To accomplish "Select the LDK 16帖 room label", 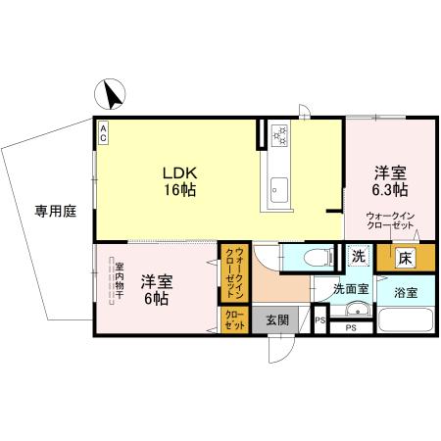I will [x=179, y=181].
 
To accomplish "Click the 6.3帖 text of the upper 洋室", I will [x=389, y=188].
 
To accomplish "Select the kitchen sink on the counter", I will [x=277, y=183].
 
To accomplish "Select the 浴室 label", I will [x=406, y=292].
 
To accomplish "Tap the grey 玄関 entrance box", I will [x=277, y=319].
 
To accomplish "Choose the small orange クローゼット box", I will [x=234, y=318].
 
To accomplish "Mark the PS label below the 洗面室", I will [x=350, y=329].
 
